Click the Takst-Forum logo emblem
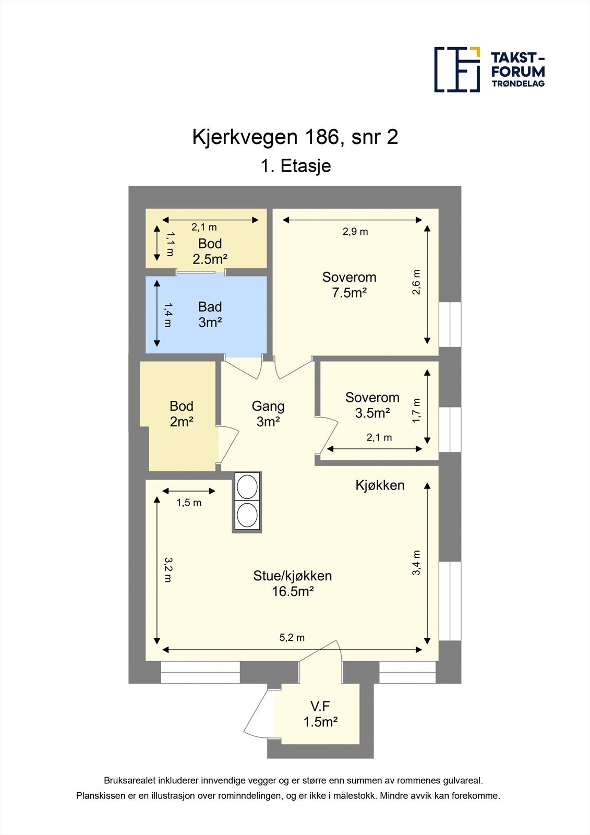[457, 69]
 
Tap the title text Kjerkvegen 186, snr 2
[295, 137]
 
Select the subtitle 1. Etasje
[295, 166]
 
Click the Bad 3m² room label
[210, 315]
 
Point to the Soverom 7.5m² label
[349, 285]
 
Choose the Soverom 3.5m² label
[372, 405]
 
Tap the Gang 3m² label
[268, 413]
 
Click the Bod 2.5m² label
[210, 251]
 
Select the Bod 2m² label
[182, 413]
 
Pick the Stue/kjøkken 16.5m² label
[293, 583]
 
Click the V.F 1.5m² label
[320, 714]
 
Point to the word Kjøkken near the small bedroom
[380, 485]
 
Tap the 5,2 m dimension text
[292, 638]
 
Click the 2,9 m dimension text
[355, 232]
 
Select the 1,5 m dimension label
[189, 503]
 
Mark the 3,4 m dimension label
[416, 563]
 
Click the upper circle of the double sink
[247, 486]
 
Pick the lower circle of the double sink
[247, 515]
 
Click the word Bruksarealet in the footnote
[128, 781]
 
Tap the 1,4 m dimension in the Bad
[167, 315]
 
